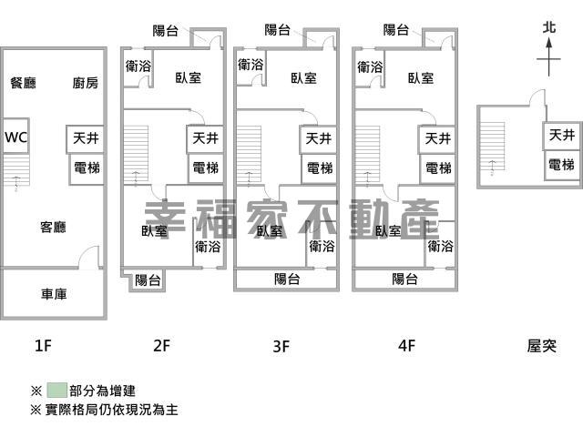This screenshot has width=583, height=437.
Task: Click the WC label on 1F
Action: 15,137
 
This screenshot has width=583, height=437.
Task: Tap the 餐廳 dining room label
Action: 23,83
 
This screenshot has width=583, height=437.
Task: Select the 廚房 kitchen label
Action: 85,83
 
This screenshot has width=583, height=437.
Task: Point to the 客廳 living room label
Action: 53,226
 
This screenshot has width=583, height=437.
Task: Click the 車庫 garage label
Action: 53,294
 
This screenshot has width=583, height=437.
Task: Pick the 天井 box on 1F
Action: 87,138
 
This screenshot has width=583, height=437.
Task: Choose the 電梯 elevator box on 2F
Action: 205,168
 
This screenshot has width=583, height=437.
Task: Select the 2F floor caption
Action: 161,345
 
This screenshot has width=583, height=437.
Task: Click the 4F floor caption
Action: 405,345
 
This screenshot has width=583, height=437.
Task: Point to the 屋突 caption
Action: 541,345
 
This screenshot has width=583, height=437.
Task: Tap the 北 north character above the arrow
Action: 547,28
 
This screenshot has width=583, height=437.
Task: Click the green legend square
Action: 56,390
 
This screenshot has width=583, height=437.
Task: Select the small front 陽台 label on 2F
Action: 148,279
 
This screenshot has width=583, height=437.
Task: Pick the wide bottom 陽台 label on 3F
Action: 287,279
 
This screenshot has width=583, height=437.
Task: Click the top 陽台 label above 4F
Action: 396,30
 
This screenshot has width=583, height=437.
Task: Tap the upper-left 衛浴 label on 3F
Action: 251,65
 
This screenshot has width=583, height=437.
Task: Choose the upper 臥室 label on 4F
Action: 421,77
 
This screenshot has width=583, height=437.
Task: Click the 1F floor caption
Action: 43,345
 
